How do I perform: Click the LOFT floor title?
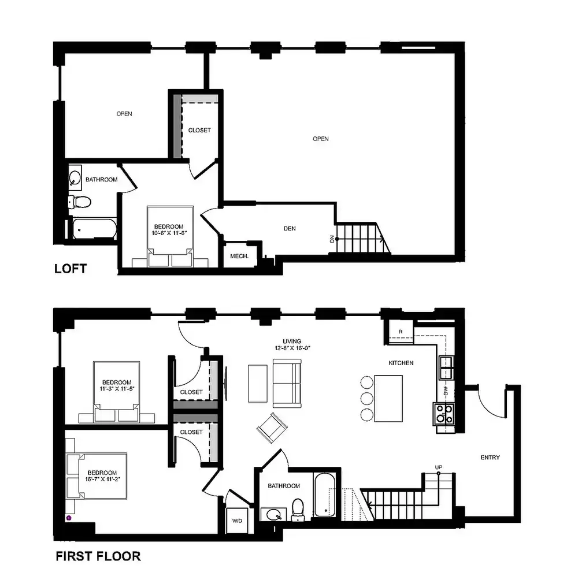[71, 268]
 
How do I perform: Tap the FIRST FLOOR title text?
[98, 556]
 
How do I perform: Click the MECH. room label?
[239, 256]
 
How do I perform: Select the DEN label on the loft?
[290, 228]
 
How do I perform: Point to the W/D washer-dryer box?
[237, 521]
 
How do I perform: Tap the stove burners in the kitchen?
[444, 414]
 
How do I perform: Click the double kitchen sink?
[446, 368]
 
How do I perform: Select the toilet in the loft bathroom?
[79, 202]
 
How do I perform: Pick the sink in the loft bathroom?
[75, 178]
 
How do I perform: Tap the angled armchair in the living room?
[272, 428]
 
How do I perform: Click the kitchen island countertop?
[388, 399]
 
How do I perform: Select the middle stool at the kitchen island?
[367, 399]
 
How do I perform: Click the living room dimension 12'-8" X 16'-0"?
[292, 348]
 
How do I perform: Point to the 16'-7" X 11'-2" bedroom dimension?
[102, 479]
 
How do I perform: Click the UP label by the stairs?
[438, 467]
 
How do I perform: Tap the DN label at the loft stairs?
[332, 239]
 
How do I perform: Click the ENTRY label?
[490, 458]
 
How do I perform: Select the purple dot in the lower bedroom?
[69, 518]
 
